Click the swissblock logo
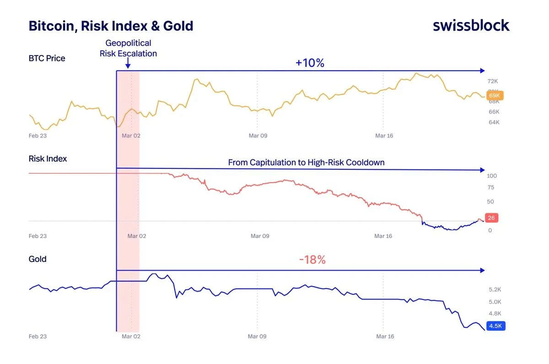pyautogui.click(x=471, y=25)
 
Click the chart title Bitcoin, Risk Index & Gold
pyautogui.click(x=111, y=26)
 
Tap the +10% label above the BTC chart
pyautogui.click(x=310, y=63)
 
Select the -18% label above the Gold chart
pyautogui.click(x=312, y=260)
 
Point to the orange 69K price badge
pyautogui.click(x=495, y=96)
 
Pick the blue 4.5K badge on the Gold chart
pyautogui.click(x=495, y=326)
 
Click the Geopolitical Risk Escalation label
pyautogui.click(x=128, y=48)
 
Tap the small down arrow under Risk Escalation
pyautogui.click(x=128, y=65)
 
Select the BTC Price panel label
pyautogui.click(x=47, y=58)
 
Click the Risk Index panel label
pyautogui.click(x=48, y=159)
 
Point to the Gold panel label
pyautogui.click(x=38, y=259)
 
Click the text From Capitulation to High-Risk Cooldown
pyautogui.click(x=306, y=163)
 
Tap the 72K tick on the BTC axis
pyautogui.click(x=493, y=81)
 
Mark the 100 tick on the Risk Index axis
pyautogui.click(x=492, y=176)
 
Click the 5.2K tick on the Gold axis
pyautogui.click(x=495, y=289)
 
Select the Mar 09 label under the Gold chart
pyautogui.click(x=257, y=337)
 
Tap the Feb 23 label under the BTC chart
pyautogui.click(x=38, y=136)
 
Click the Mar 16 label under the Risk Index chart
pyautogui.click(x=383, y=236)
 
